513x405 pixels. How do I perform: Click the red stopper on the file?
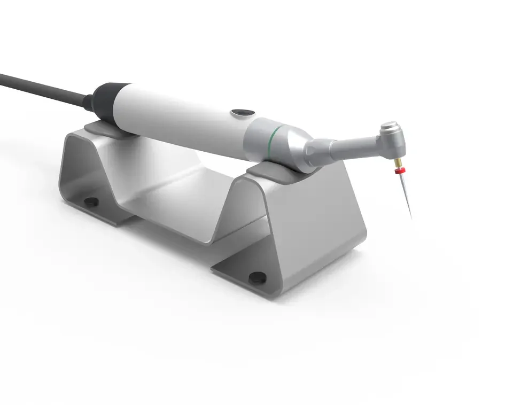(x=398, y=171)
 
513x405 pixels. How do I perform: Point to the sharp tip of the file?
(x=410, y=216)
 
